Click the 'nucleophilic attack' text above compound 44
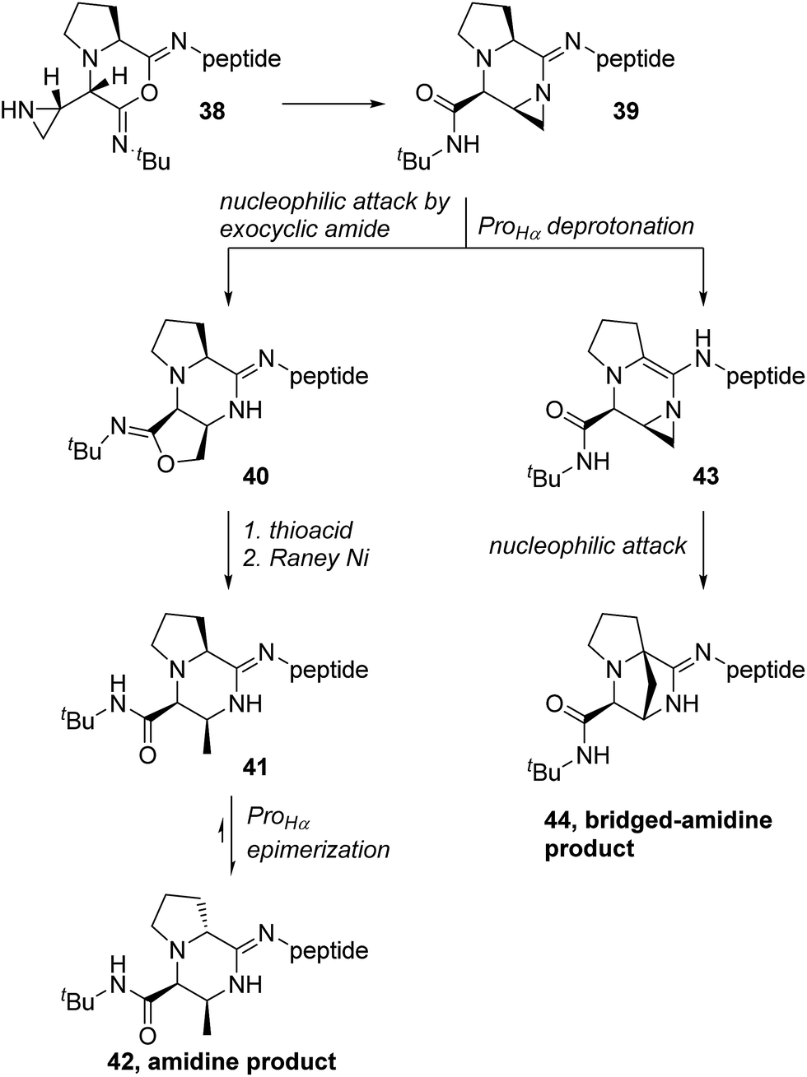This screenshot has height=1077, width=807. pos(588,545)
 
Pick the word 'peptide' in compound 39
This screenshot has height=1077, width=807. pos(634,59)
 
